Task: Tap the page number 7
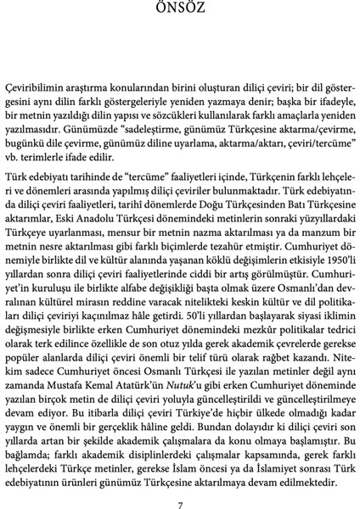click(x=180, y=483)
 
